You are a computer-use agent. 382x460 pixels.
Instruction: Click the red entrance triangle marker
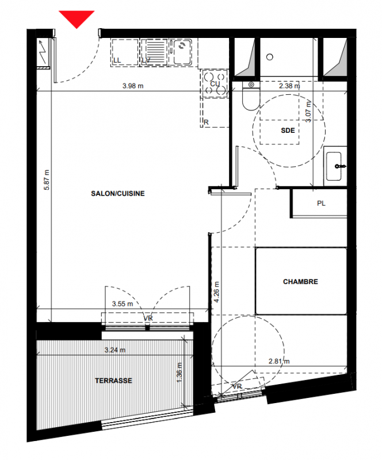pos(77,18)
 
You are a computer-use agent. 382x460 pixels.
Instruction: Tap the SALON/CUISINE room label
pos(118,194)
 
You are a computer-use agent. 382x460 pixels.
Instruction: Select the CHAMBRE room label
pos(300,282)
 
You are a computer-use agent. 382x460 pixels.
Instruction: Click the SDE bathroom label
pos(288,131)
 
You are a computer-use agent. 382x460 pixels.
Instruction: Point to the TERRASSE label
pos(113,381)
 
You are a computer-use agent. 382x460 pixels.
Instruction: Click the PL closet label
pos(321,204)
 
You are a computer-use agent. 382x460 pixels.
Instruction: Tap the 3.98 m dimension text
pos(133,86)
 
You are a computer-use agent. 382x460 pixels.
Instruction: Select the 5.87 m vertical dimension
pos(47,180)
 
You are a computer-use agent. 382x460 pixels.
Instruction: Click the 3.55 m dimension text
pos(123,304)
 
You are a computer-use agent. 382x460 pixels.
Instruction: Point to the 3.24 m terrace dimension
pos(115,350)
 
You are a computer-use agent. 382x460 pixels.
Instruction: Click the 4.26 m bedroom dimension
pos(216,292)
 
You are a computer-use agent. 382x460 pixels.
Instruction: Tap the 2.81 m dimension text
pos(279,361)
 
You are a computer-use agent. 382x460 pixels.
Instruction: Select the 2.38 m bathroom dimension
pos(289,86)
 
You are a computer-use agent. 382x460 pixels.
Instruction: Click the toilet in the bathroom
pos(251,96)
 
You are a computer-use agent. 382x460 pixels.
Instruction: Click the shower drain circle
pos(270,57)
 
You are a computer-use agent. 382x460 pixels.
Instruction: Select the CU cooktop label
pos(215,84)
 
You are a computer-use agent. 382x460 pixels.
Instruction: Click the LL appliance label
pos(117,60)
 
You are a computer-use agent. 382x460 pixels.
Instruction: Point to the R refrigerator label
pos(206,122)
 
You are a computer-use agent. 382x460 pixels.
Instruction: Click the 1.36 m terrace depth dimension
pos(179,372)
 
